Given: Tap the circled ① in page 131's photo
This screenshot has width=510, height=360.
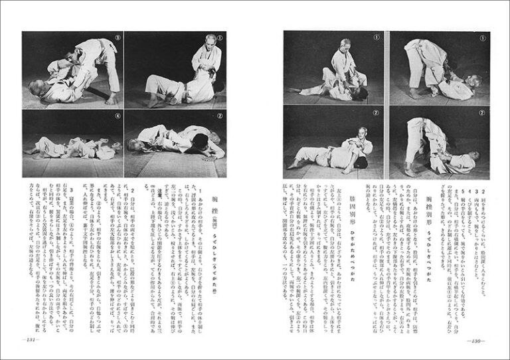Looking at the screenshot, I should coord(220,38).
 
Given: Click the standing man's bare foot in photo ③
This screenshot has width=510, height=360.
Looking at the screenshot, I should coord(112,100).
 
